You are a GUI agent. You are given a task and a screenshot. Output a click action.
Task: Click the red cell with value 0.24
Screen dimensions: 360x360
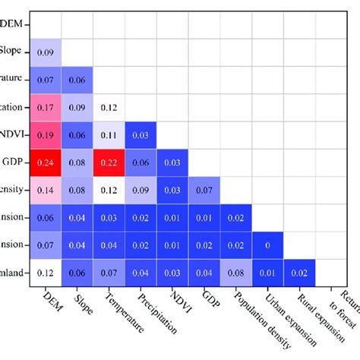click(x=45, y=162)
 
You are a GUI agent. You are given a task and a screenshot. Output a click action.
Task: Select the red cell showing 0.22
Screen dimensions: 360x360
click(x=109, y=162)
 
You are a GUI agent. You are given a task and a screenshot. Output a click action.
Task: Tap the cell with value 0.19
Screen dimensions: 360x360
click(x=45, y=134)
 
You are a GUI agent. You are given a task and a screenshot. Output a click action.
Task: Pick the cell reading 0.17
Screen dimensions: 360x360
click(x=45, y=107)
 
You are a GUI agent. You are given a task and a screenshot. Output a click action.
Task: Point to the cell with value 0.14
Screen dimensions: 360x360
click(x=45, y=189)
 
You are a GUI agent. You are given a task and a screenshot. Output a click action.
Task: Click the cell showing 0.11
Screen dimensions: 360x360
click(x=109, y=134)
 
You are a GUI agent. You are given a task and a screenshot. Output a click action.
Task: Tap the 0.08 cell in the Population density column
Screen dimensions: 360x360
click(x=236, y=271)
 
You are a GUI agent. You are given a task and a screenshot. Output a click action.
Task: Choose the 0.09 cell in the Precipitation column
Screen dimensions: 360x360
click(x=141, y=189)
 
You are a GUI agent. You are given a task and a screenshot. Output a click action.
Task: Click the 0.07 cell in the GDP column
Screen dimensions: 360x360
click(x=204, y=189)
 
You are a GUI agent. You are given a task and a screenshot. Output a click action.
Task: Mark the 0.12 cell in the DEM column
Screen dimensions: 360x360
click(x=45, y=271)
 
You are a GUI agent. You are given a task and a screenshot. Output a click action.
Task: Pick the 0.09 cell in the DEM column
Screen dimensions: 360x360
click(x=45, y=52)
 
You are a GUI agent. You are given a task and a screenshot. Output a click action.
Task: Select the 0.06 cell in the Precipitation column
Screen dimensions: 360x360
click(x=141, y=162)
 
